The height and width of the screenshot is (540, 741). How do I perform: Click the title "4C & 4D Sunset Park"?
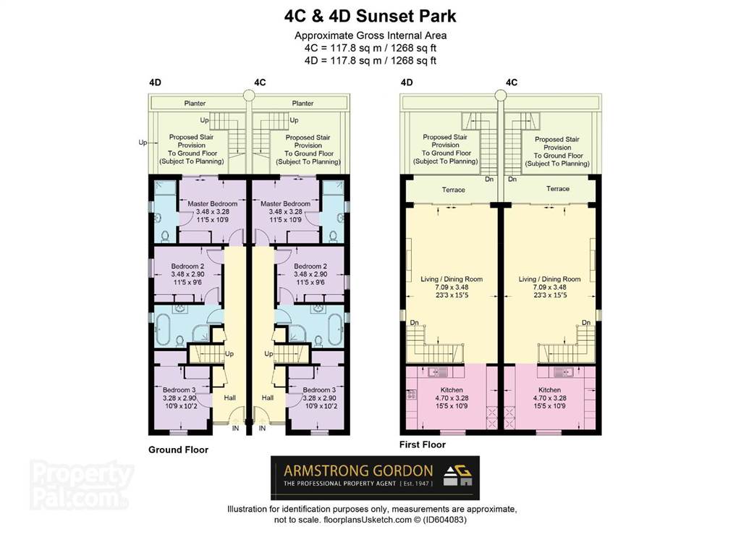(370, 16)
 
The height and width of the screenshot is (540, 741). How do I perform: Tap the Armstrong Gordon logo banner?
(375, 478)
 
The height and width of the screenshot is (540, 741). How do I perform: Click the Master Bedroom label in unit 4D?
(212, 204)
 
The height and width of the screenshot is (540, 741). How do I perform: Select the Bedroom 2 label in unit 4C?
(310, 266)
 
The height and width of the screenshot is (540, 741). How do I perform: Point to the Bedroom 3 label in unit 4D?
(179, 390)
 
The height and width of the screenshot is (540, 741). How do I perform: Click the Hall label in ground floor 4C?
(268, 397)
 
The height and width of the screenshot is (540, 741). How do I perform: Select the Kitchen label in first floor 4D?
(452, 389)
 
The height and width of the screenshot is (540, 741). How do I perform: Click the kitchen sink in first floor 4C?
(563, 372)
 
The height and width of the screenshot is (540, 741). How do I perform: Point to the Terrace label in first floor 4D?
(453, 190)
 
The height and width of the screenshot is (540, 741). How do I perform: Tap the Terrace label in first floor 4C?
(558, 189)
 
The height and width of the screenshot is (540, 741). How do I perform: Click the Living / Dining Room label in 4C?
(549, 279)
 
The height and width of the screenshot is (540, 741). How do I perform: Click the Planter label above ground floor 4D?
(195, 103)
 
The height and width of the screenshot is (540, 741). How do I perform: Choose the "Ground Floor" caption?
(178, 450)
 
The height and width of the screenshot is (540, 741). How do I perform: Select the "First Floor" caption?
(423, 444)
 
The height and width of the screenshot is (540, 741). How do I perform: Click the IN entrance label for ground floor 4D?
(235, 429)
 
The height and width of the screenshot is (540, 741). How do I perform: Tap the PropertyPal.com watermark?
(81, 485)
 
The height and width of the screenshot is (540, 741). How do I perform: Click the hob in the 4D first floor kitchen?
(411, 394)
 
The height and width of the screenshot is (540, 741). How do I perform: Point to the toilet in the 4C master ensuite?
(333, 235)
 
